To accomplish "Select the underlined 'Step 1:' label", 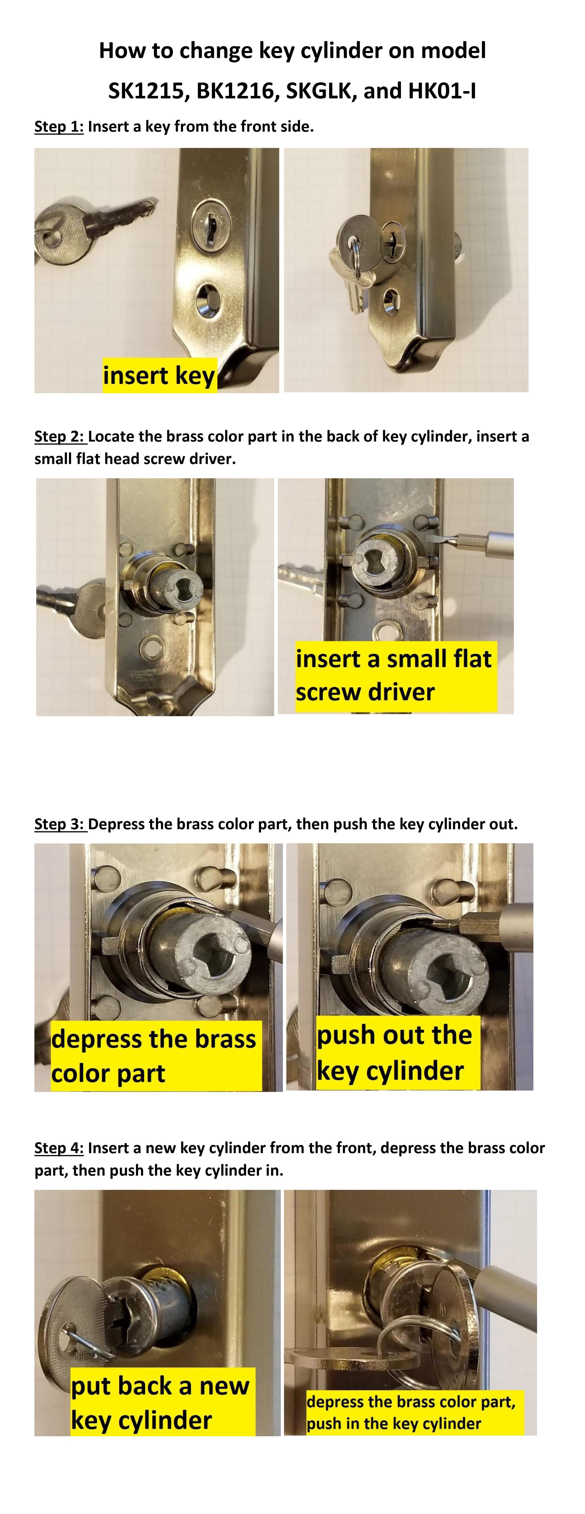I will pyautogui.click(x=59, y=126).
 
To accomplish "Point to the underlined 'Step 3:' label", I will pyautogui.click(x=60, y=824).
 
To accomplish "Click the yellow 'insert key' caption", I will pyautogui.click(x=159, y=375).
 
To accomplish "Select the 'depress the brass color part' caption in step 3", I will pyautogui.click(x=155, y=1056).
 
